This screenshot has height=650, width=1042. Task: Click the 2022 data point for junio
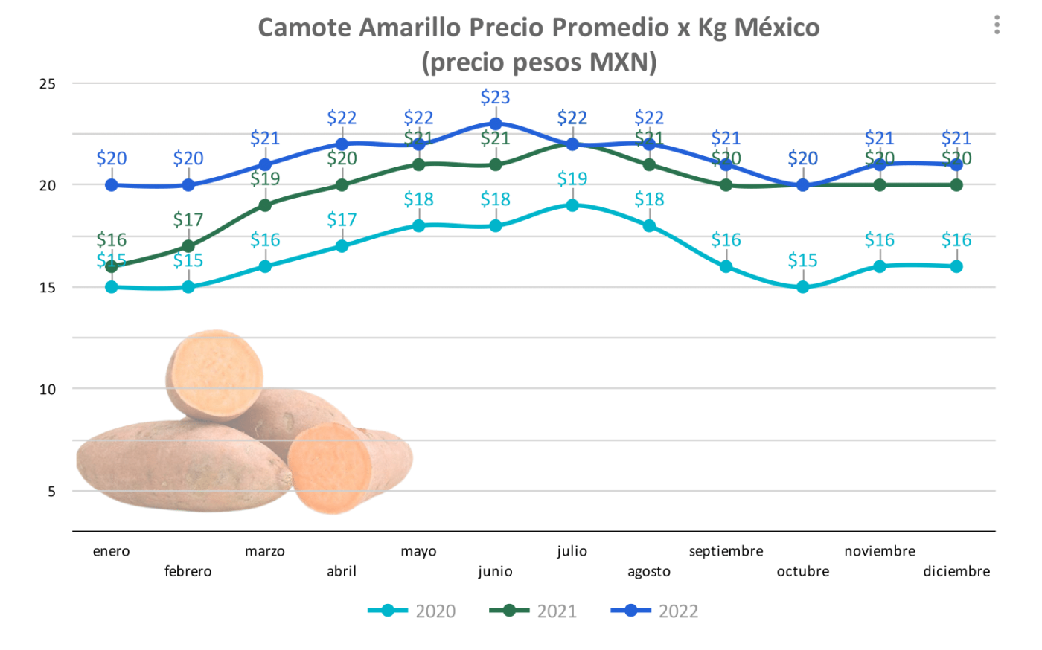click(x=496, y=124)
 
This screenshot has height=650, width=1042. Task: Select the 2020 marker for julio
click(x=572, y=205)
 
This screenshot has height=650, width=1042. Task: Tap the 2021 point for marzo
click(x=265, y=205)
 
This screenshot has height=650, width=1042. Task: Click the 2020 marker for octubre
click(x=803, y=287)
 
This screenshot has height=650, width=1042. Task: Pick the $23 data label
click(x=496, y=97)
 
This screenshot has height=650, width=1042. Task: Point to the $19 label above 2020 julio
click(x=572, y=179)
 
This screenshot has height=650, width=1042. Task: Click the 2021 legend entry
click(x=533, y=611)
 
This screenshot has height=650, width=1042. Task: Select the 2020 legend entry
click(x=412, y=611)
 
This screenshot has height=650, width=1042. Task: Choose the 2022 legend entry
click(x=654, y=611)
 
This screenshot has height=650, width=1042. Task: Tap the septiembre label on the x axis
click(x=726, y=551)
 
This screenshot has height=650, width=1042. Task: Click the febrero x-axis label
click(x=188, y=571)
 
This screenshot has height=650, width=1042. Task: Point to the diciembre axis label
click(x=956, y=571)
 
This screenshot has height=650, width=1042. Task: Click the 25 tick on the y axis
click(x=48, y=84)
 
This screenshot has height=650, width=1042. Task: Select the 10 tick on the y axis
click(x=48, y=389)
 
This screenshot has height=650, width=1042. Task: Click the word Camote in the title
click(x=305, y=28)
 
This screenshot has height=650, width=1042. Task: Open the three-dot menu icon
click(x=997, y=25)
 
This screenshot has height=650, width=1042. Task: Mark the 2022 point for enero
click(x=112, y=185)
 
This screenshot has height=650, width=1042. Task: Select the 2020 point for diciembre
click(x=956, y=266)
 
